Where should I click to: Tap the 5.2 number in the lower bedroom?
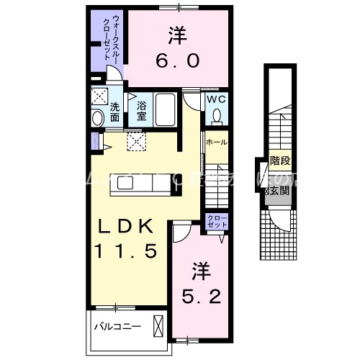(201, 294)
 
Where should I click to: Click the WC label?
(217, 99)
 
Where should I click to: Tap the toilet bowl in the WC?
(217, 115)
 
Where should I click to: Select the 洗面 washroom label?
(115, 112)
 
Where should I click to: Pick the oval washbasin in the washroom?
(98, 118)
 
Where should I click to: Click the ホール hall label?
(216, 143)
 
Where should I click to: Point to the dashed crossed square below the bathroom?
(137, 142)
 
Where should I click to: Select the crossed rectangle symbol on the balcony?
(157, 325)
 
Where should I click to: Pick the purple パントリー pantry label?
(94, 140)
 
